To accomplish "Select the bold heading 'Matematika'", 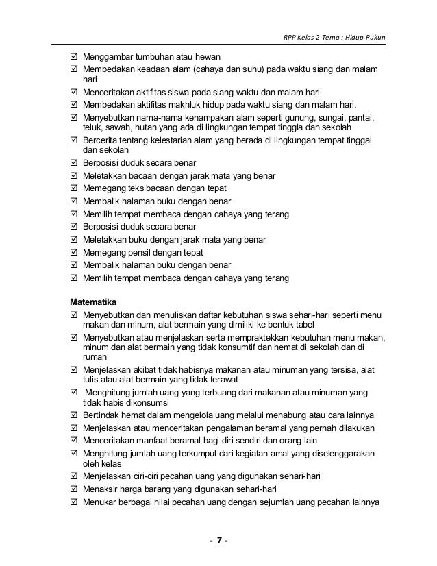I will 94,301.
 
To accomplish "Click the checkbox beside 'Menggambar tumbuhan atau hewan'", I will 74,57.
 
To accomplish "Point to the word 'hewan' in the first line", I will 217,57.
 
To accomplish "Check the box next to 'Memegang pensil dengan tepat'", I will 74,253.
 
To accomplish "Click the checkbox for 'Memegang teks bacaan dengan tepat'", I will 74,188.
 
